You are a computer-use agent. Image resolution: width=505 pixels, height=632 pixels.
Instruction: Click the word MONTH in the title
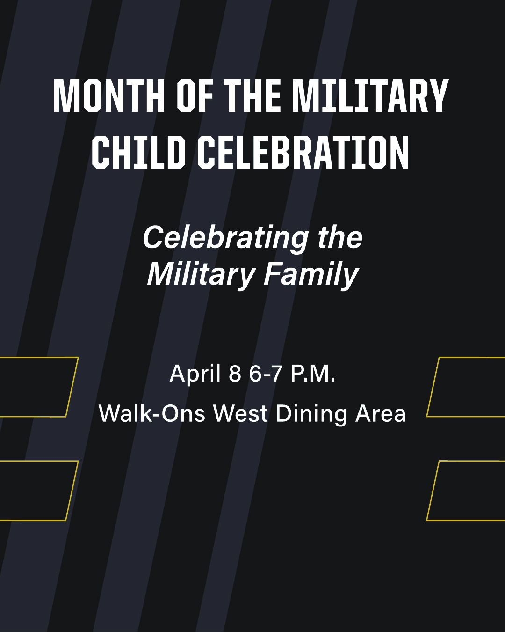109,96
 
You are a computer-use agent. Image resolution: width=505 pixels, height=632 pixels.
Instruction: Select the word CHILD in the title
138,152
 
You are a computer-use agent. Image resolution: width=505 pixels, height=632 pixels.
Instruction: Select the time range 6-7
266,374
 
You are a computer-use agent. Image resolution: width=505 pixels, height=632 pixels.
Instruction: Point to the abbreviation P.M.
313,374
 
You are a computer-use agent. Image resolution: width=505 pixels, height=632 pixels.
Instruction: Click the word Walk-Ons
151,413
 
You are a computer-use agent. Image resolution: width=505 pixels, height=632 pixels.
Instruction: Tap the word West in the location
240,413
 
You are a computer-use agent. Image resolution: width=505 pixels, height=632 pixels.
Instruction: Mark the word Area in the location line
380,413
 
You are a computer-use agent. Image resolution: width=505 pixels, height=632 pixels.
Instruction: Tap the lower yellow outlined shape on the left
72,491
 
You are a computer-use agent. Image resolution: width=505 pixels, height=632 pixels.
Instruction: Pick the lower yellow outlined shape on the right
433,491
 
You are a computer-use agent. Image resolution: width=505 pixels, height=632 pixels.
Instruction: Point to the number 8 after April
235,374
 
